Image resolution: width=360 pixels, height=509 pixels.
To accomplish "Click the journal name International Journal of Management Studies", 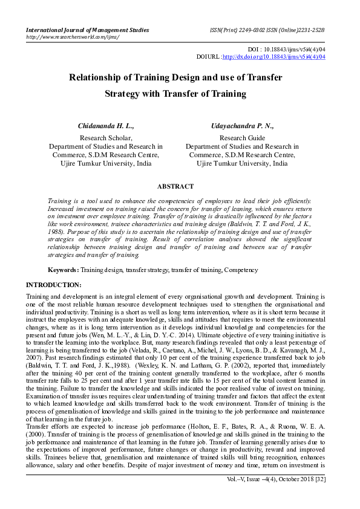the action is click(x=87, y=30).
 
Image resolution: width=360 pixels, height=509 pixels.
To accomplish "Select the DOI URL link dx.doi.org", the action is click(x=274, y=57).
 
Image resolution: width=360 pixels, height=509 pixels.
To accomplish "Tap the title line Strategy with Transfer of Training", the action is click(x=175, y=94).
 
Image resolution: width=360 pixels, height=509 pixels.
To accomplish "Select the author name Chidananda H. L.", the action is click(x=106, y=126).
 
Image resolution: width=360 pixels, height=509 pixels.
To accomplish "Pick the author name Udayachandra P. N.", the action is click(x=241, y=126).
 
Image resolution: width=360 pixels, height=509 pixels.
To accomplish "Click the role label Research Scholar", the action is click(x=106, y=138).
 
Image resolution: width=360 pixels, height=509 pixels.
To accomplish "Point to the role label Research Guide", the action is click(x=241, y=138).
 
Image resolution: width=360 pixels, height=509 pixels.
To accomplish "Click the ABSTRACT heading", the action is click(x=175, y=187).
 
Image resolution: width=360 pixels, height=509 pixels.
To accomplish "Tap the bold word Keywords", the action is click(x=63, y=270).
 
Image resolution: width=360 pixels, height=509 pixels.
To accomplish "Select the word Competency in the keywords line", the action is click(x=241, y=270).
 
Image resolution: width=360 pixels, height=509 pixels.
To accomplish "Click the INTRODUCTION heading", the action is click(x=53, y=285).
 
